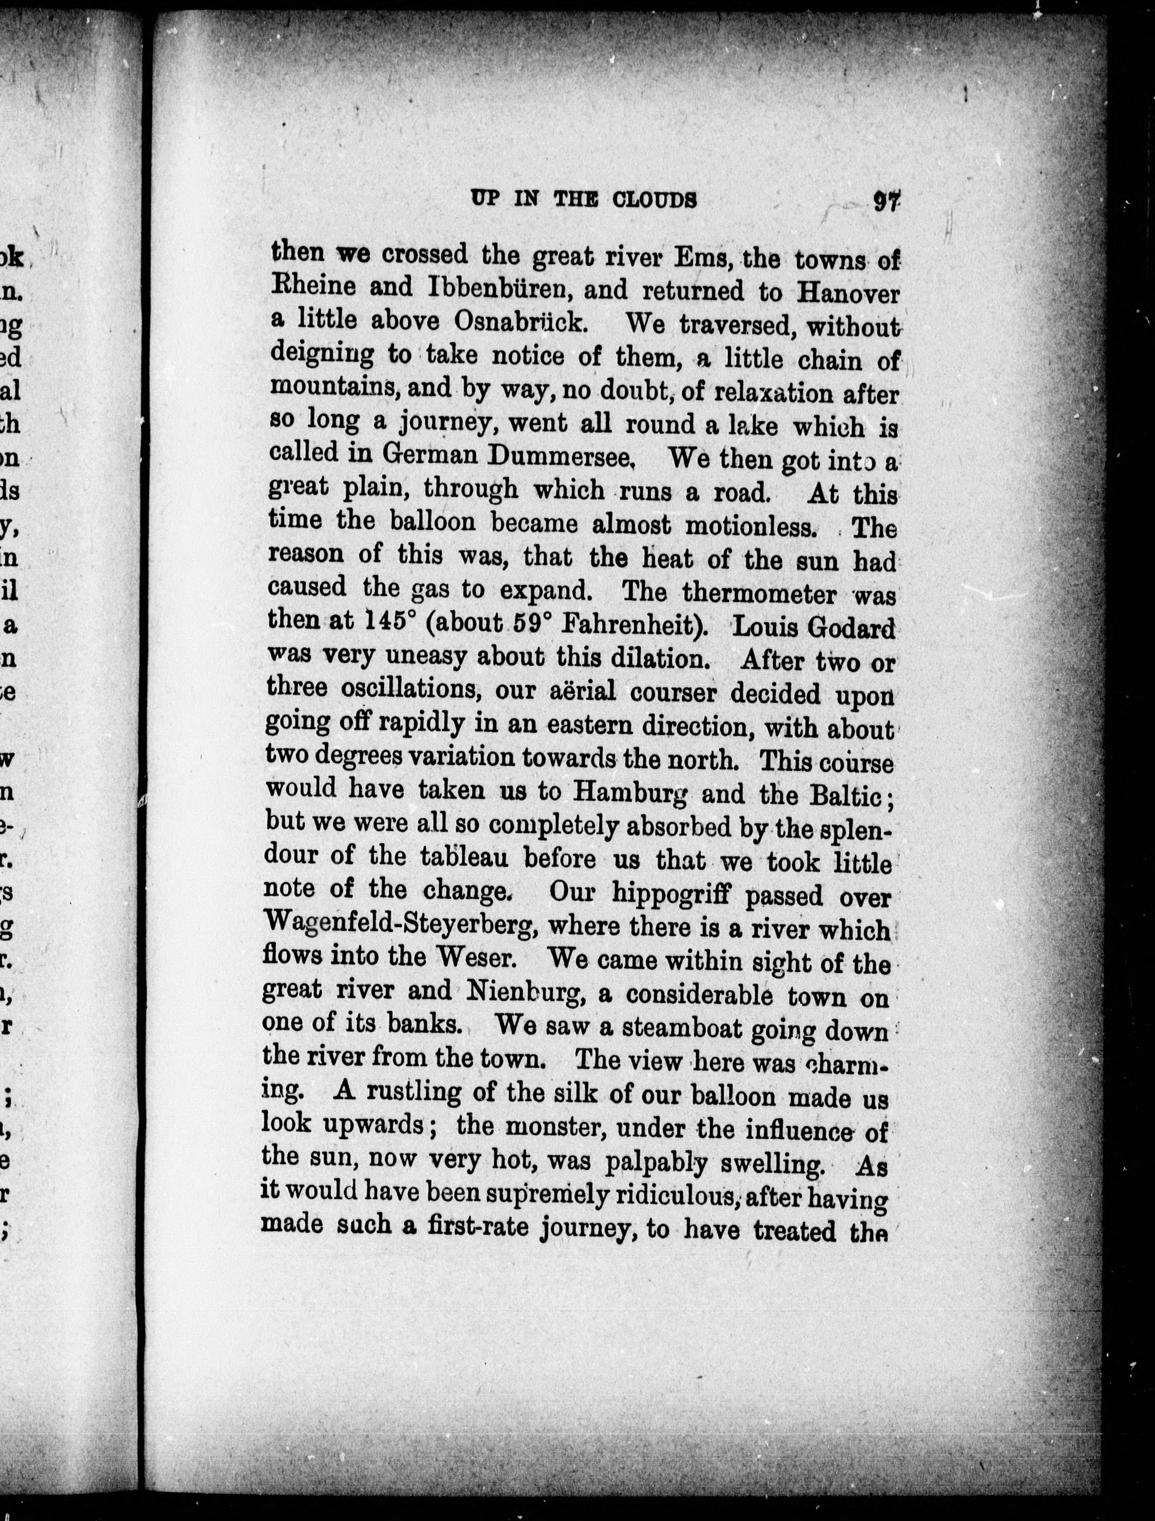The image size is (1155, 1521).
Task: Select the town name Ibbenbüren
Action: tap(501, 288)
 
